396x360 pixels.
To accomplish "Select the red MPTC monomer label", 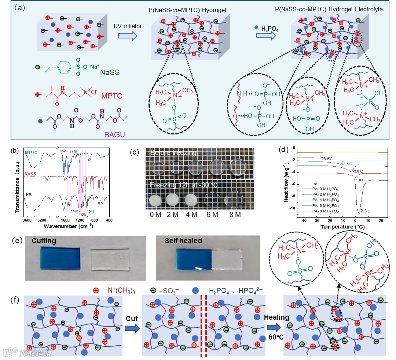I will [x=110, y=96].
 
